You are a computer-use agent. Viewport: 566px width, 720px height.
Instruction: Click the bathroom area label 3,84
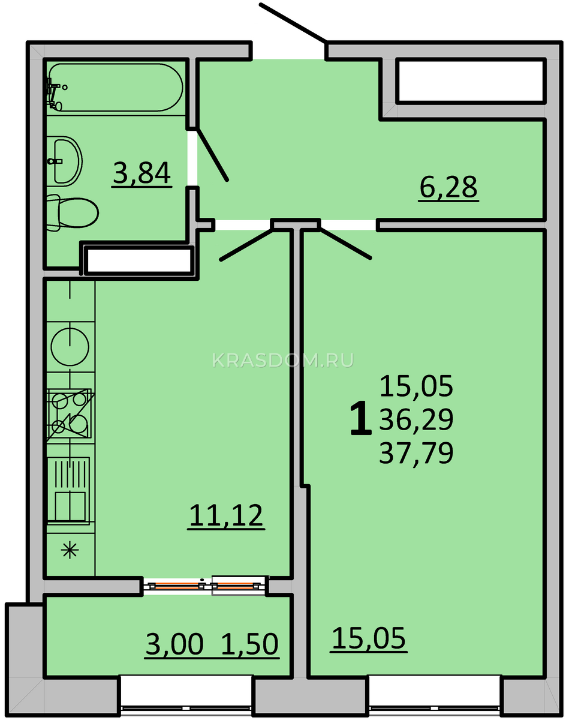pos(141,173)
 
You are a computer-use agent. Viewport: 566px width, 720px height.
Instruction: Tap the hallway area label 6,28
pos(448,187)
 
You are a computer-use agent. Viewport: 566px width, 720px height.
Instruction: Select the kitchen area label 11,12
pos(226,515)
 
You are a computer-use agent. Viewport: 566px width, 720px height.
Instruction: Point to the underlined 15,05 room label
pos(369,638)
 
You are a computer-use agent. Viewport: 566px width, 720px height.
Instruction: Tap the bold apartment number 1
pos(361,418)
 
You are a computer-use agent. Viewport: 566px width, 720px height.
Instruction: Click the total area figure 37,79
pos(416,452)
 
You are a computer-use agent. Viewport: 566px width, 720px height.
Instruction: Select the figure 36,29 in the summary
pos(416,419)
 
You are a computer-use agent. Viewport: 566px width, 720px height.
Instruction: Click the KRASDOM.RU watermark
pos(283,361)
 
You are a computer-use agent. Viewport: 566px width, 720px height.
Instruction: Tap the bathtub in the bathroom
pos(115,88)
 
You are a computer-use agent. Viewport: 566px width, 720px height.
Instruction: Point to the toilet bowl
pos(72,213)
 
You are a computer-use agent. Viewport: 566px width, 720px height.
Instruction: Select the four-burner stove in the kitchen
pos(69,413)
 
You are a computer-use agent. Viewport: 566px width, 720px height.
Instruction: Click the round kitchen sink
pos(70,347)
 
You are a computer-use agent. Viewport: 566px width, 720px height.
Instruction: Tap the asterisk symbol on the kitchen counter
pos(70,550)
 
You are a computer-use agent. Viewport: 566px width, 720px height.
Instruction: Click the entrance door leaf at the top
pos(293,23)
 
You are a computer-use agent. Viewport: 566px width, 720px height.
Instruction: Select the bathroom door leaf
pos(213,154)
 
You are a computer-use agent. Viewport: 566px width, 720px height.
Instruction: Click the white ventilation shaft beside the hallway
pos(471,80)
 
